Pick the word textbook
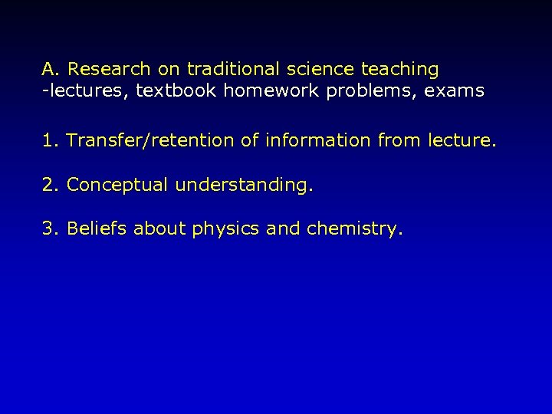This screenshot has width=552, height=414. (173, 91)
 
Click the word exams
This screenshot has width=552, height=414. (455, 91)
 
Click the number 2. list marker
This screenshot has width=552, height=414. (51, 186)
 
